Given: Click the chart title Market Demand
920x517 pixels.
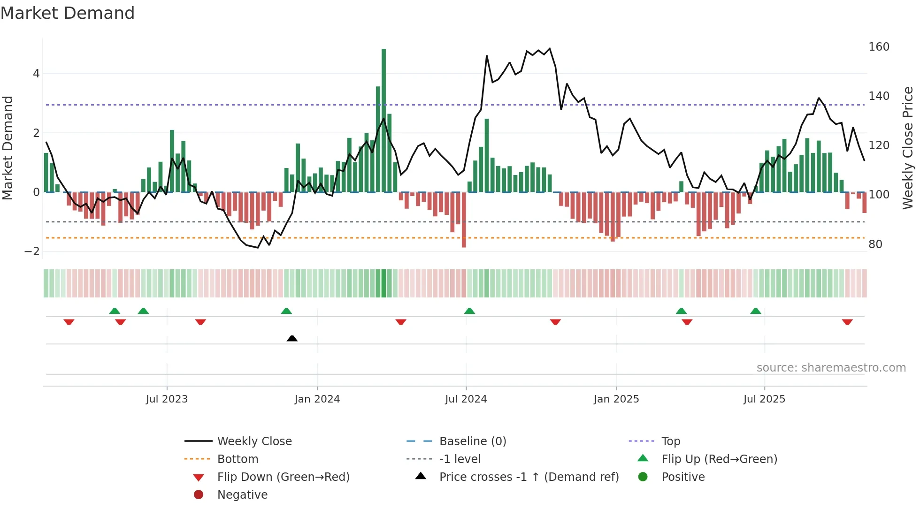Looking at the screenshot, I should [68, 13].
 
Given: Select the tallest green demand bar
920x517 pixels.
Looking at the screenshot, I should [383, 121].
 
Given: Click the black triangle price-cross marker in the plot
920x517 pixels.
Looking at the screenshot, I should [292, 338].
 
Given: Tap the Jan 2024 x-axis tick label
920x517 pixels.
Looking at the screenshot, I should [317, 399].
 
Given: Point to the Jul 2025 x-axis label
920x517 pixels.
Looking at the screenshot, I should [764, 399].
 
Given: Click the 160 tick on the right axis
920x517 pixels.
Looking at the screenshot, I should [879, 47].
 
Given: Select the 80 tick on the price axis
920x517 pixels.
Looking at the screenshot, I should [875, 244].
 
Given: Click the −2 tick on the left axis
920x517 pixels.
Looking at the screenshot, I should [32, 251].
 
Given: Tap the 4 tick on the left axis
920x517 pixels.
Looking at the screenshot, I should [36, 74].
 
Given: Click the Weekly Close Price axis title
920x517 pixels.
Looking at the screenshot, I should [908, 148].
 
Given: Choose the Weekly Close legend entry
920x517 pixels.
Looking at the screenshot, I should [254, 441].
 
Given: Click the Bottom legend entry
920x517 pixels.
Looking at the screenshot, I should [238, 459].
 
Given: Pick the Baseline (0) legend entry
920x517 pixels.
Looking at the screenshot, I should [472, 441].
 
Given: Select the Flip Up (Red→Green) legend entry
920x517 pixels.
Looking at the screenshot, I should [719, 459].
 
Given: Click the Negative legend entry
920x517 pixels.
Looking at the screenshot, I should [242, 495].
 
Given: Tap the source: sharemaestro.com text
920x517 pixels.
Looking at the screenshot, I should [831, 368].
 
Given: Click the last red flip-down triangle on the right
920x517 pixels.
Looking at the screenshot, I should [847, 322].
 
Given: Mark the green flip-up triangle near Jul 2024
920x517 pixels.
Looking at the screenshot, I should [469, 311].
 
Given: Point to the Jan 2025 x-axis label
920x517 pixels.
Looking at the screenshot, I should [616, 399].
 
